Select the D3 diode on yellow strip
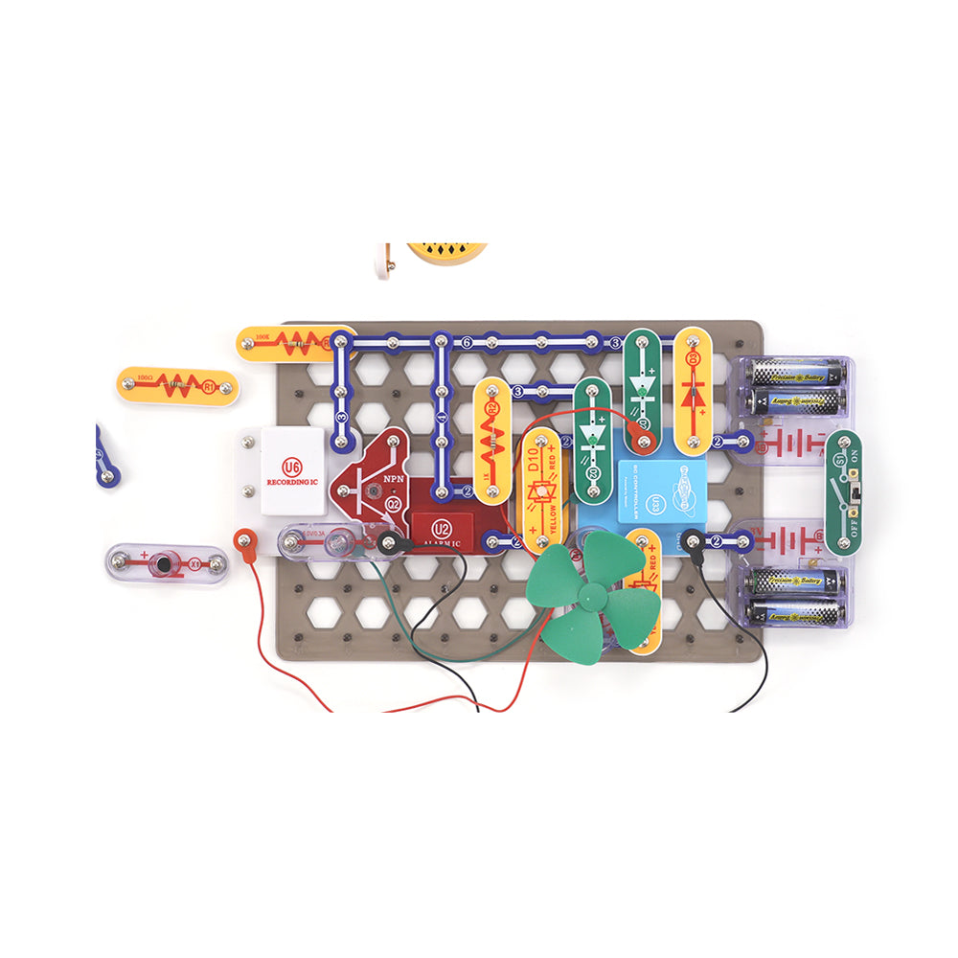(x=693, y=391)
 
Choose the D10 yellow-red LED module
(x=539, y=489)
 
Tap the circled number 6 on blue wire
(x=467, y=342)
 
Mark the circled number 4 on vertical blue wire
(x=441, y=418)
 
